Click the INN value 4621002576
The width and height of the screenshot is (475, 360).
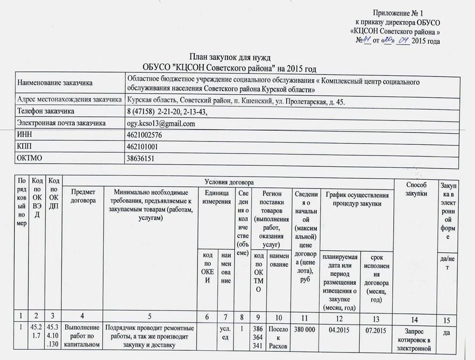click(144, 136)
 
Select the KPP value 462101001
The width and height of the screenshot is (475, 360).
click(143, 147)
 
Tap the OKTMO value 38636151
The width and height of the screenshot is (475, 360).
click(140, 159)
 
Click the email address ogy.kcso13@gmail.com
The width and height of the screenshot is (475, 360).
click(161, 124)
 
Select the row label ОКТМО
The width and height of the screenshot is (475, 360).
click(30, 159)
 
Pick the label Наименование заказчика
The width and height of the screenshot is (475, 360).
click(55, 83)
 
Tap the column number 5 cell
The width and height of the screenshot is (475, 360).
click(150, 317)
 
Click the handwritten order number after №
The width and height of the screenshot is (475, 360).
click(368, 41)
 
